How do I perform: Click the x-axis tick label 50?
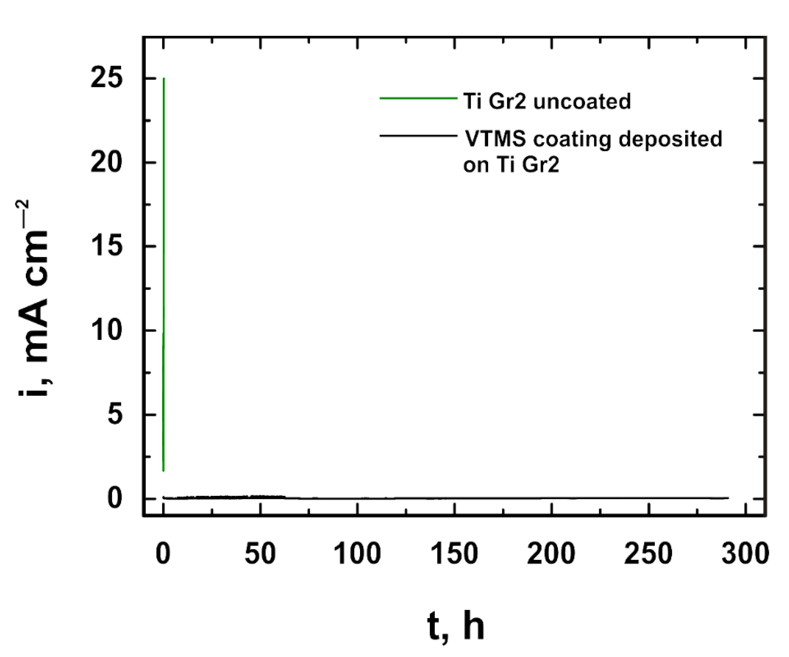[x=260, y=554]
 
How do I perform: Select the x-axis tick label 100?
[x=357, y=554]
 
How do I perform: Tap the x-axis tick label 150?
[x=454, y=554]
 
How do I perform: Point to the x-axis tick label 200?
[x=551, y=554]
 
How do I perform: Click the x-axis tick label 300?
[x=745, y=554]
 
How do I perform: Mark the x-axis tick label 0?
[x=163, y=554]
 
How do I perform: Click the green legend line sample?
[x=418, y=98]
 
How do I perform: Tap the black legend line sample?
[x=418, y=135]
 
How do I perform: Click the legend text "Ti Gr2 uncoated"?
[x=547, y=101]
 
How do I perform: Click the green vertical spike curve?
[x=164, y=263]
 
